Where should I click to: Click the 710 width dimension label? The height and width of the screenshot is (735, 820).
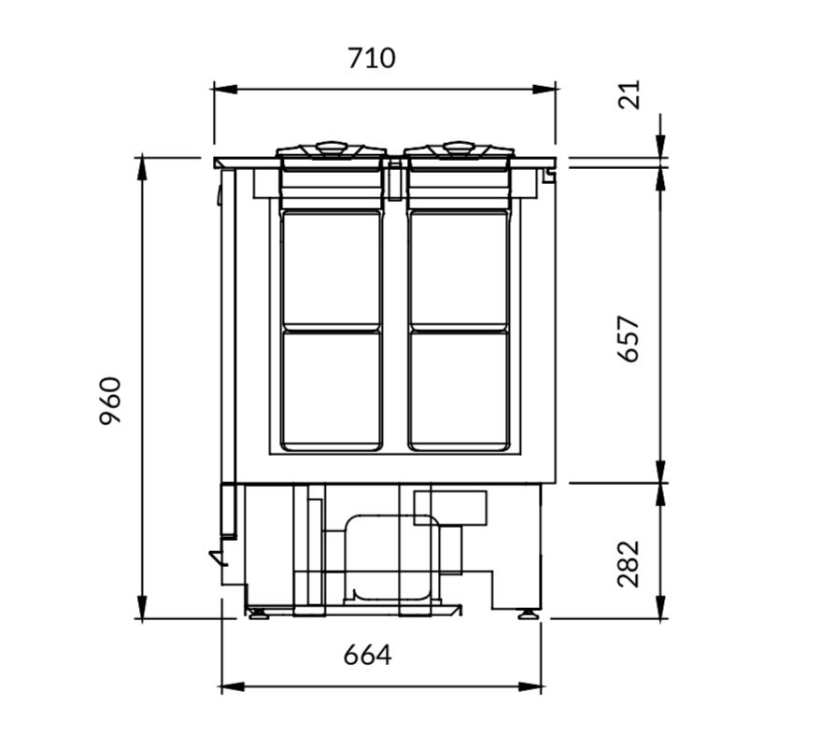click(x=372, y=58)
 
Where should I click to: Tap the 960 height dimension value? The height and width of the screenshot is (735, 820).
click(x=110, y=401)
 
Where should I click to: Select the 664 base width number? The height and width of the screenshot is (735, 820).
click(x=367, y=655)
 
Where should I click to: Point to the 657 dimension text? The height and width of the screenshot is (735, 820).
click(x=629, y=338)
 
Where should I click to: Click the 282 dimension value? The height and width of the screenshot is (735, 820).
click(x=629, y=564)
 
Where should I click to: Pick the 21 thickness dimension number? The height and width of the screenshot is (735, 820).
click(x=629, y=94)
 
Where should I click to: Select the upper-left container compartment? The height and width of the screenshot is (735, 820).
click(x=332, y=268)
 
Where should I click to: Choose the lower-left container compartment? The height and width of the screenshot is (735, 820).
click(x=332, y=390)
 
